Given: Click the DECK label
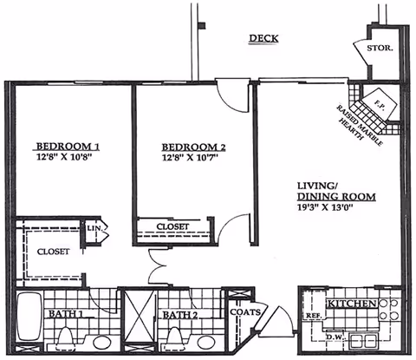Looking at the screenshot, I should pyautogui.click(x=263, y=38).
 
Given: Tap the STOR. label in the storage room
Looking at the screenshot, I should pyautogui.click(x=380, y=49).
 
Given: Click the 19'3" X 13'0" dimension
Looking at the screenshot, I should pyautogui.click(x=328, y=209).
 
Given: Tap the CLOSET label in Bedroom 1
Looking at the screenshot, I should pyautogui.click(x=54, y=252).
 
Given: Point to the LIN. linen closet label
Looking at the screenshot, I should pyautogui.click(x=94, y=227).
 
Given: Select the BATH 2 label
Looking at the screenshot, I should pyautogui.click(x=184, y=315).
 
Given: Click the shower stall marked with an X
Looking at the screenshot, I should pyautogui.click(x=137, y=320).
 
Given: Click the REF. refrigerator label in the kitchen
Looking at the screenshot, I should pyautogui.click(x=313, y=317).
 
